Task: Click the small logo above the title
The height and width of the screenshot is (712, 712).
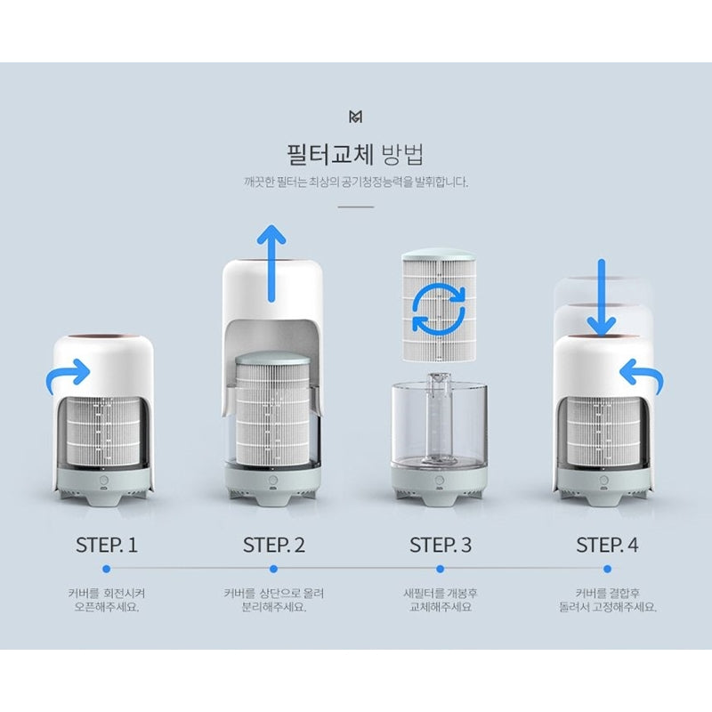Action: click(x=355, y=117)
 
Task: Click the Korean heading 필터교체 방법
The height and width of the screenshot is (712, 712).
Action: click(x=355, y=154)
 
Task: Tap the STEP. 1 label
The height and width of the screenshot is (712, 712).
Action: click(x=107, y=545)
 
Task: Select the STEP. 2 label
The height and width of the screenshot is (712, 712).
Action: click(x=274, y=545)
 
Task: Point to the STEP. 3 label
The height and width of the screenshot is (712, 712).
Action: click(x=441, y=545)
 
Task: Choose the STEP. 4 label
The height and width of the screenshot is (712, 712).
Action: click(x=607, y=545)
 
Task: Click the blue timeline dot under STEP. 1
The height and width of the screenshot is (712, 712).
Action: click(x=107, y=569)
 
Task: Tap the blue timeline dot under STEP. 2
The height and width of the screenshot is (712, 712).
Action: click(x=273, y=569)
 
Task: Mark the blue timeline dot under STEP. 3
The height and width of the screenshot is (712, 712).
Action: click(x=440, y=569)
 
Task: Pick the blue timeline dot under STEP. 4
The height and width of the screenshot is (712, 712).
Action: click(x=607, y=569)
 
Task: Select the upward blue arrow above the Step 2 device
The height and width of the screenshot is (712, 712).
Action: click(x=271, y=263)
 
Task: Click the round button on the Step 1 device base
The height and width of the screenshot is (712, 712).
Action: click(x=103, y=481)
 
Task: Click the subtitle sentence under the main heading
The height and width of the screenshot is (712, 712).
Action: click(x=355, y=182)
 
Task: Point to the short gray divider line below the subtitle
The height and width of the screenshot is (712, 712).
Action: click(x=355, y=206)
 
